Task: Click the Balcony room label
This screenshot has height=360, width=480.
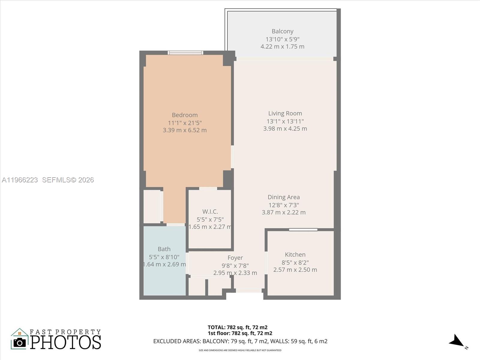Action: [x=282, y=31]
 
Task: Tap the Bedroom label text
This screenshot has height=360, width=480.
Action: [x=184, y=115]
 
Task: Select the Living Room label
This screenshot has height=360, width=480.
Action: [x=285, y=113]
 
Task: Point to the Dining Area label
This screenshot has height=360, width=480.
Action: [x=283, y=197]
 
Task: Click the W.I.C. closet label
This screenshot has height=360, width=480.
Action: [x=210, y=211]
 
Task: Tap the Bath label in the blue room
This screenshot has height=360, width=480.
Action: [x=164, y=249]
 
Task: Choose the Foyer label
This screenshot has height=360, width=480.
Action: [x=235, y=258]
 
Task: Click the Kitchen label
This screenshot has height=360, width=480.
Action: [x=295, y=254]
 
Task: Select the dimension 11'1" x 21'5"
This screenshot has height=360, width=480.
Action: [x=184, y=123]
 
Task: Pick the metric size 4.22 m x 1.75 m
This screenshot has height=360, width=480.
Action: [x=282, y=46]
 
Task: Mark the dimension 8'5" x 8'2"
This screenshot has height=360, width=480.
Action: [x=295, y=262]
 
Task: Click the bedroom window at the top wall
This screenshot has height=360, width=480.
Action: [x=185, y=53]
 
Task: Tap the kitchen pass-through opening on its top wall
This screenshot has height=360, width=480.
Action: [x=303, y=230]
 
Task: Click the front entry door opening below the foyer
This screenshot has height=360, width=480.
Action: [x=249, y=290]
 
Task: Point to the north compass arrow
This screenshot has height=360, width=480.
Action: [x=457, y=341]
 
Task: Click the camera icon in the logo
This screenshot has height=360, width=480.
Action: [x=20, y=342]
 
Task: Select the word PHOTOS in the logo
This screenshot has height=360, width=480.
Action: [x=65, y=342]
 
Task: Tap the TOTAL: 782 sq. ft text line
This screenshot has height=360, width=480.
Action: [x=237, y=327]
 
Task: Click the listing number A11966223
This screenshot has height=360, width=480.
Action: [x=20, y=180]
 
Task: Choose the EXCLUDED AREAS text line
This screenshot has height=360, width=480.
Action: [x=240, y=341]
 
